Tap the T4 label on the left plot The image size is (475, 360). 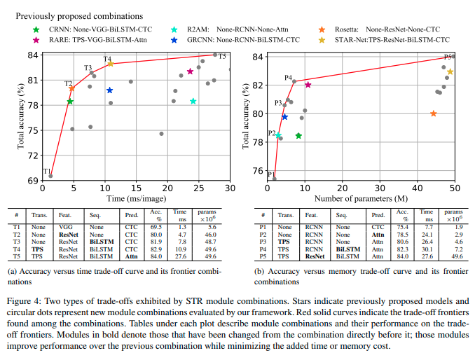pos(107,59)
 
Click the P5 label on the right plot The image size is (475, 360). pos(448,57)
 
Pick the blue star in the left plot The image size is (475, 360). pos(110,90)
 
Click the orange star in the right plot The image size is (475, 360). pos(433,113)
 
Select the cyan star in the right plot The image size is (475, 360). pos(278,136)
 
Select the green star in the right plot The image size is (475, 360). pos(298,136)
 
